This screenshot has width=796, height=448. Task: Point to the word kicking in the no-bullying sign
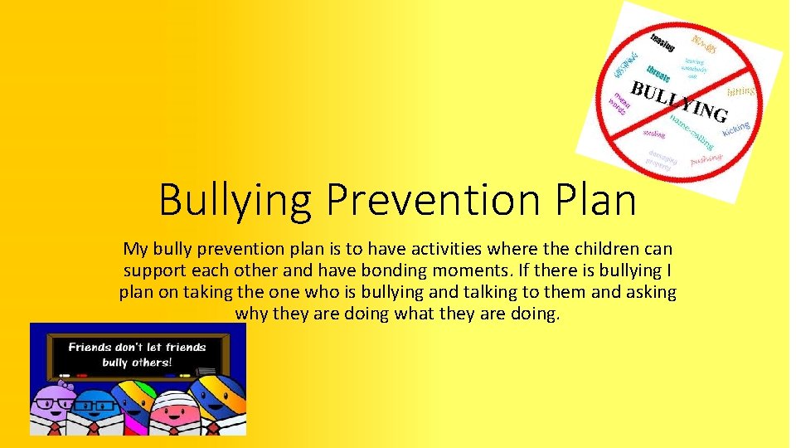(735, 129)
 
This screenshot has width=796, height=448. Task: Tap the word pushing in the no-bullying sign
(706, 158)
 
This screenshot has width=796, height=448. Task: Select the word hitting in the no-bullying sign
(740, 90)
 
